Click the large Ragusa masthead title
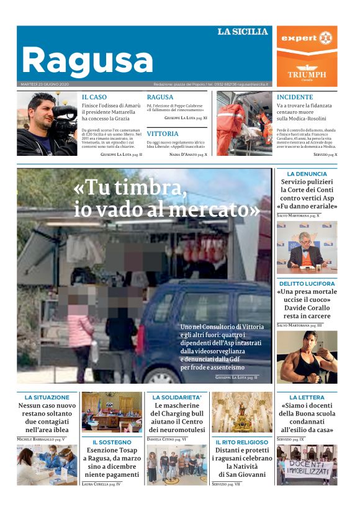(88, 61)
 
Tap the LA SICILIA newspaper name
(243, 32)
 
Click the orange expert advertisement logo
(307, 38)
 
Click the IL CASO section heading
(94, 97)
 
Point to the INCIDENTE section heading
(295, 97)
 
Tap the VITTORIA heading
(163, 133)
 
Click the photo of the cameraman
(47, 124)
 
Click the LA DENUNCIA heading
(307, 174)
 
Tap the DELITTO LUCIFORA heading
(307, 284)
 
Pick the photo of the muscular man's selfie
(307, 356)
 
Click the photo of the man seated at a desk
(307, 248)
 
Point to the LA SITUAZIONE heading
(47, 397)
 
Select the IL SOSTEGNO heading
(112, 442)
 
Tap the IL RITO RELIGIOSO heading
(241, 442)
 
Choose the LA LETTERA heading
(307, 397)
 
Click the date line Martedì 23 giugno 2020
(45, 84)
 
